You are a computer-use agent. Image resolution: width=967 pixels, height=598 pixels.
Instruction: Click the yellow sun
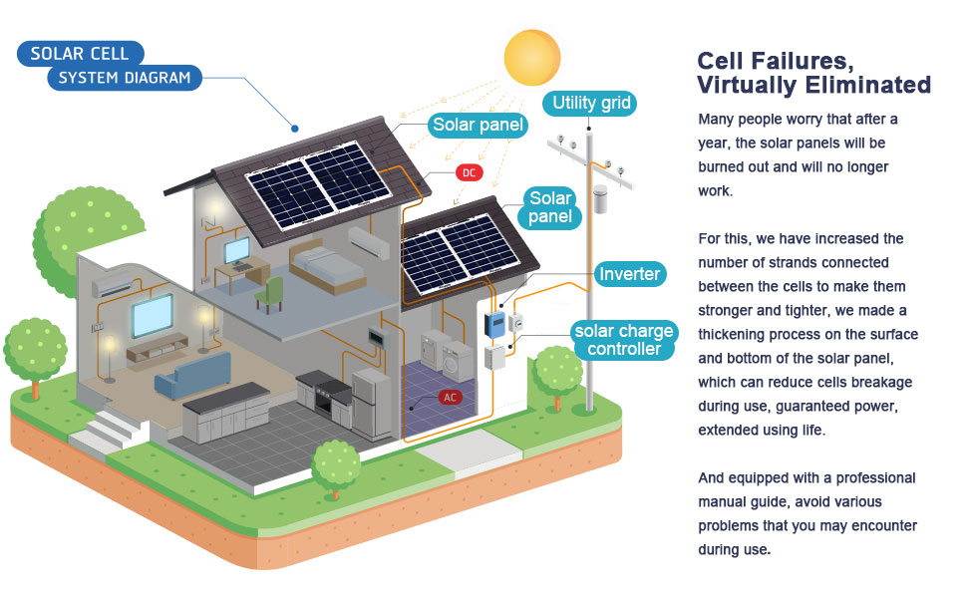tap(532, 58)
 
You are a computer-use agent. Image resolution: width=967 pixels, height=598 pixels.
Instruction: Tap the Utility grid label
tap(588, 103)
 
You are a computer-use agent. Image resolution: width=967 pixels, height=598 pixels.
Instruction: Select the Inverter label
tap(630, 273)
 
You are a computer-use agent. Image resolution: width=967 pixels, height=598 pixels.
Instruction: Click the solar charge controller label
tap(624, 340)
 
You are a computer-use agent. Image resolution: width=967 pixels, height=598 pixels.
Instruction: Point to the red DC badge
tap(469, 172)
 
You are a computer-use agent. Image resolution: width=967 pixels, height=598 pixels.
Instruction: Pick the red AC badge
tap(451, 397)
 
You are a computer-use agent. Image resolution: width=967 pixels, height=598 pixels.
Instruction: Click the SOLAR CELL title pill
tap(80, 53)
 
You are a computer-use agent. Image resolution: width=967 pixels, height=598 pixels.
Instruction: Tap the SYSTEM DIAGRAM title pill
tap(124, 77)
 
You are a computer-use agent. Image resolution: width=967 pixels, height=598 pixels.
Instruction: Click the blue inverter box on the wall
tap(494, 322)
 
